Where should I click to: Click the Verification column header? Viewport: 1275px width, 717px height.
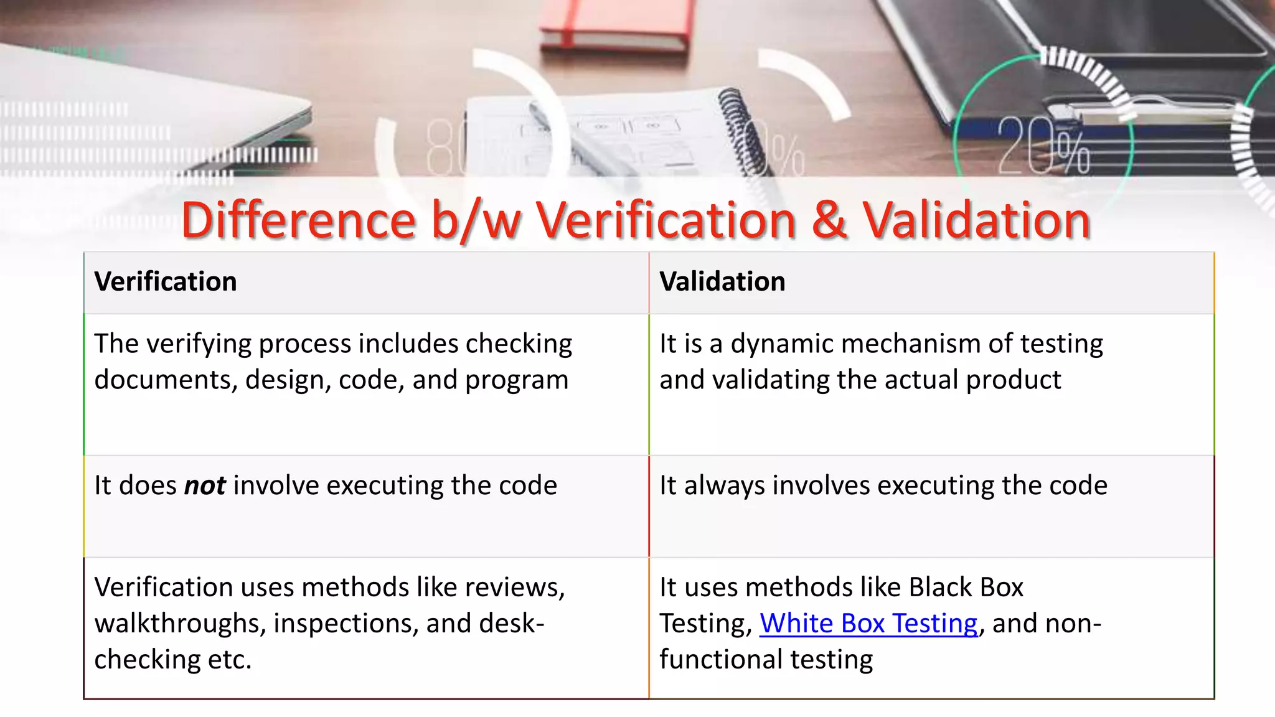pyautogui.click(x=166, y=282)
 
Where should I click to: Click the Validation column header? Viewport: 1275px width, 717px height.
pyautogui.click(x=722, y=282)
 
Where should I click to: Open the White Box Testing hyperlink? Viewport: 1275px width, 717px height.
pyautogui.click(x=868, y=624)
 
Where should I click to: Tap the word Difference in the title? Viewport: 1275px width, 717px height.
pyautogui.click(x=298, y=220)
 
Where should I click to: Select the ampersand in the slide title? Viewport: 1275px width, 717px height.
pyautogui.click(x=829, y=220)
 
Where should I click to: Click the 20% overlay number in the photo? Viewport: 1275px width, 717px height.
pyautogui.click(x=1043, y=146)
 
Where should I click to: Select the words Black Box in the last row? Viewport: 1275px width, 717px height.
pyautogui.click(x=966, y=588)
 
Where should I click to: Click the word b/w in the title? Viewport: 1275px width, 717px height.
pyautogui.click(x=476, y=220)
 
